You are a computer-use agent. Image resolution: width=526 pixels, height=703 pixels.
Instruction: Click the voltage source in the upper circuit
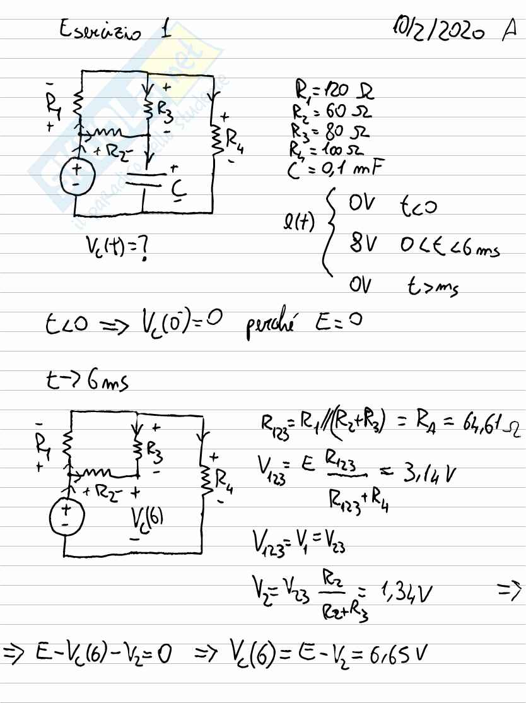click(76, 175)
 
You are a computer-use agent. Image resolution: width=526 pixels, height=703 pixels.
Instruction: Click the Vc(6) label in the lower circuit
click(148, 521)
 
